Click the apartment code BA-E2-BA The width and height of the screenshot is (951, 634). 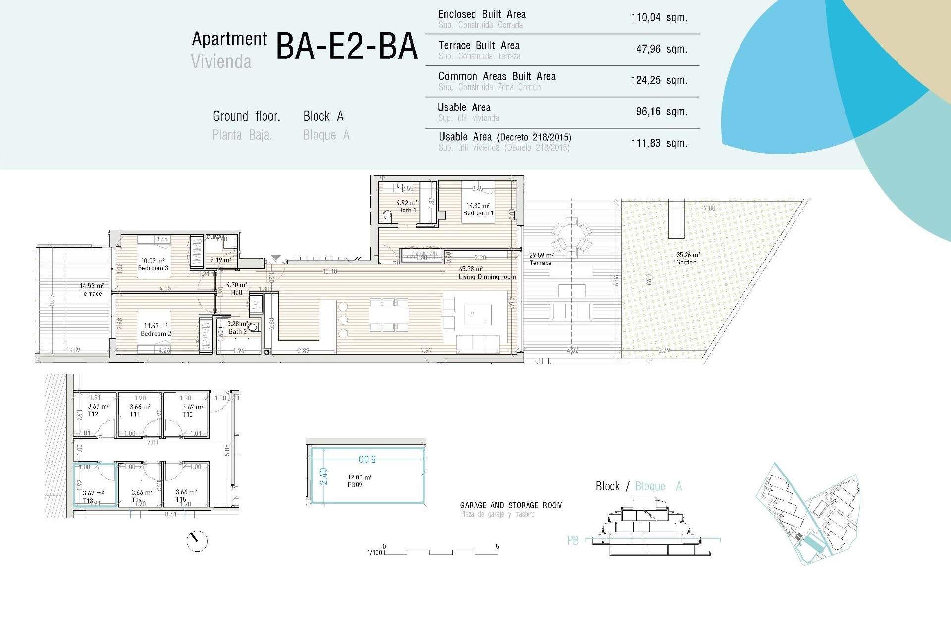click(x=346, y=47)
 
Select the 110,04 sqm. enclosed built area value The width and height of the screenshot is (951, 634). click(x=659, y=18)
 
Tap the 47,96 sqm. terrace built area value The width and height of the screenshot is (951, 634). click(x=661, y=49)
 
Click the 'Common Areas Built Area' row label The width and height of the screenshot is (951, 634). click(x=497, y=77)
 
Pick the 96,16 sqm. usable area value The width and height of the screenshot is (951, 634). click(x=661, y=112)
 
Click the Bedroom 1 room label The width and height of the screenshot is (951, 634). click(x=478, y=213)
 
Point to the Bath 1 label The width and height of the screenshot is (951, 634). click(x=407, y=210)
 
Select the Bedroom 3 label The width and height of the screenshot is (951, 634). click(x=153, y=268)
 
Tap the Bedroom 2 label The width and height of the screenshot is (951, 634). click(x=156, y=333)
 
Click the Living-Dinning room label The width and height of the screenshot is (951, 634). click(x=487, y=277)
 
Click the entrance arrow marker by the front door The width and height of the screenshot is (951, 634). click(x=276, y=258)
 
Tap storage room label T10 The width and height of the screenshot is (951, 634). click(x=188, y=415)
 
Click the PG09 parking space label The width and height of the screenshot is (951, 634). click(x=355, y=485)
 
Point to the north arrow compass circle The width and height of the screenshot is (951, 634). click(x=197, y=541)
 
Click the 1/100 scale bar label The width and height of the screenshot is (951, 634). click(x=374, y=552)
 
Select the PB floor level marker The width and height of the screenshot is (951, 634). click(x=573, y=541)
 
